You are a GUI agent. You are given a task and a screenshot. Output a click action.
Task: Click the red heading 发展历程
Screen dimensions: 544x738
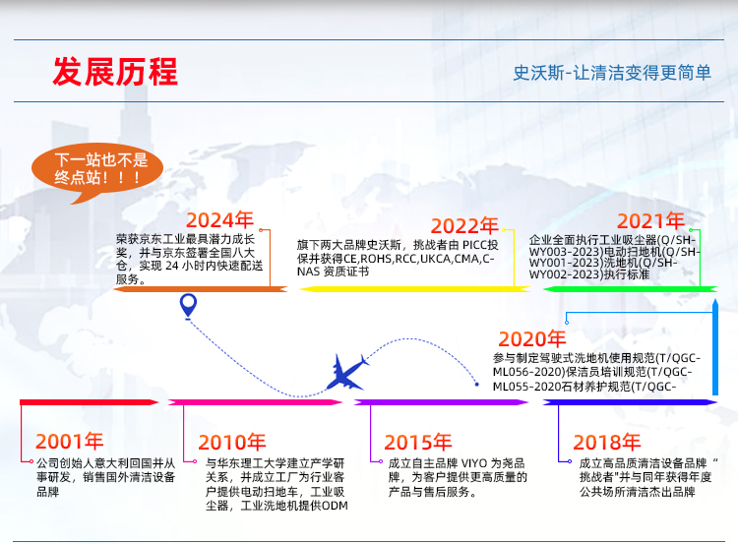tap(115, 73)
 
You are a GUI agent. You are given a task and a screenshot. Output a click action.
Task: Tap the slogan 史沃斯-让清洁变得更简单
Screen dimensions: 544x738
tap(612, 73)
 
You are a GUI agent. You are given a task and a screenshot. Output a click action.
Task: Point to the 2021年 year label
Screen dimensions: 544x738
tap(650, 220)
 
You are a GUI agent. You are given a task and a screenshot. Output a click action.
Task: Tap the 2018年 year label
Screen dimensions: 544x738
tap(607, 442)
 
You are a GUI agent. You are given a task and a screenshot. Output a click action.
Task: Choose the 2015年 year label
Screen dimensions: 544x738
tap(417, 443)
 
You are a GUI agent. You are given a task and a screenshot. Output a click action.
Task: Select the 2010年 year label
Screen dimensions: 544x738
tap(231, 443)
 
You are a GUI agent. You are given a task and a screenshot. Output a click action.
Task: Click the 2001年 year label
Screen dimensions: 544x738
tap(69, 442)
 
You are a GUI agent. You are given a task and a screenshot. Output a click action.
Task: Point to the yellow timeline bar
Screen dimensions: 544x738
tap(408, 288)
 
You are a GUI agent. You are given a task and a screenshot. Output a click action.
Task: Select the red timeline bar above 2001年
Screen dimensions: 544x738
tap(89, 401)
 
